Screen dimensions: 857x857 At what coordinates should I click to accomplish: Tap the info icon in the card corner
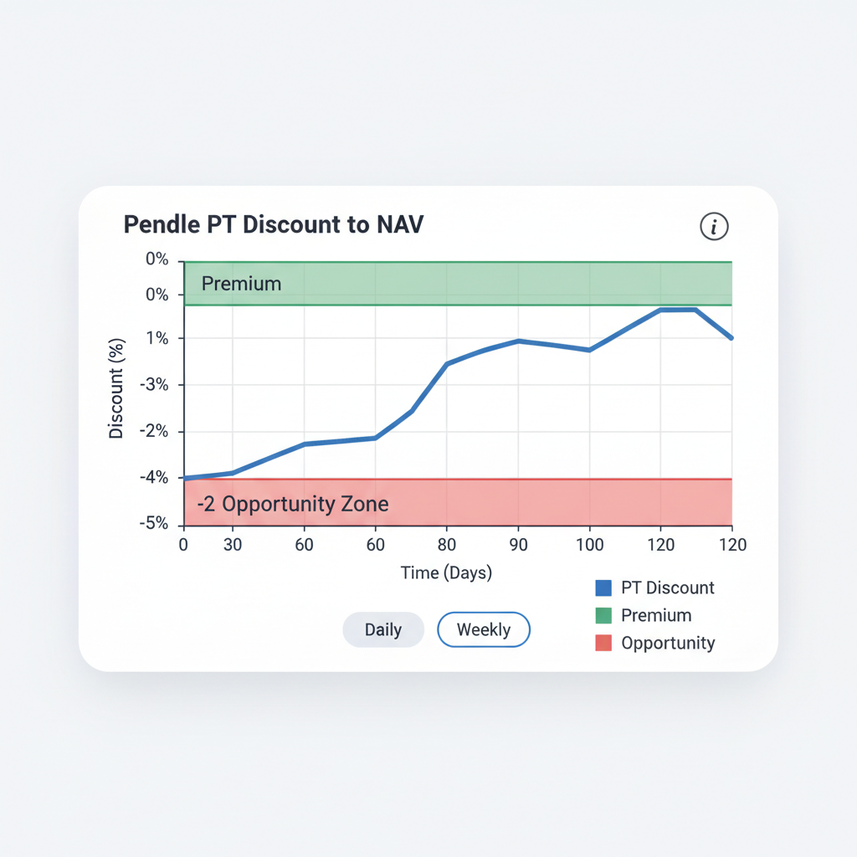click(714, 226)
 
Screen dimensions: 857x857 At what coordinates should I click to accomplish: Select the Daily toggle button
click(383, 630)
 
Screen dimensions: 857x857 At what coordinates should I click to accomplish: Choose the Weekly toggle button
click(484, 630)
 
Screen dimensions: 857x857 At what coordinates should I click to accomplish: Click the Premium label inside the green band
click(241, 284)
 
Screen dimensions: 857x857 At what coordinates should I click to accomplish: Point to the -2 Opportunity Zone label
click(293, 504)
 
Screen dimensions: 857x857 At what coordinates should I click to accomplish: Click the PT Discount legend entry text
click(668, 588)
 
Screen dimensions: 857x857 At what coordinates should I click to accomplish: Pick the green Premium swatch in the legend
click(603, 616)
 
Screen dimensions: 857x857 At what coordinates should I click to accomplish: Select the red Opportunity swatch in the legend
click(603, 644)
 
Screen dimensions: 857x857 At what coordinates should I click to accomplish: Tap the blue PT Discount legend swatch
click(603, 588)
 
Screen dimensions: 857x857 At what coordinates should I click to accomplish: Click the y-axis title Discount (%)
click(116, 388)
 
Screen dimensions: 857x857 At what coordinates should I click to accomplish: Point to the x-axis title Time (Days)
click(446, 573)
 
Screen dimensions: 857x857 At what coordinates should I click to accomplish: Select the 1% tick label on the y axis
click(157, 338)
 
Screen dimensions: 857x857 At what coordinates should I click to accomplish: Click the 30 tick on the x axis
click(233, 544)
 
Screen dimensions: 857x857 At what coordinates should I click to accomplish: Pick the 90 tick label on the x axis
click(518, 544)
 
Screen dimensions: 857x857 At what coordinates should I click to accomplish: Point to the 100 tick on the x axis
click(590, 544)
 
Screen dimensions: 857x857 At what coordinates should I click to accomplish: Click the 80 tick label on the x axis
click(447, 544)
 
